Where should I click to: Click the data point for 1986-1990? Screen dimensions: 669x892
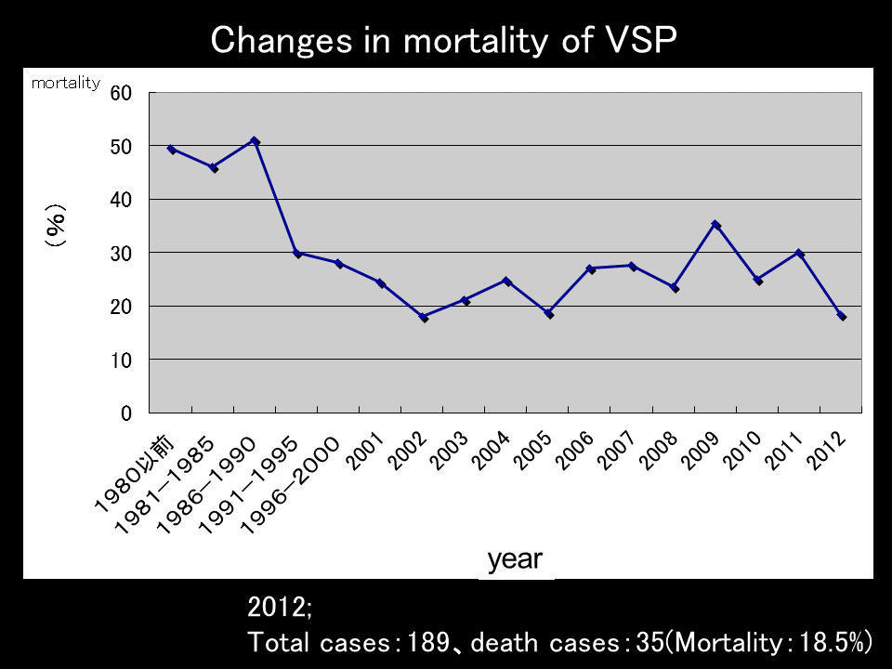click(x=256, y=141)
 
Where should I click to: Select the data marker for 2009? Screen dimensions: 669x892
click(x=715, y=225)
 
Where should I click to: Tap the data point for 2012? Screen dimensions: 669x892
click(x=841, y=316)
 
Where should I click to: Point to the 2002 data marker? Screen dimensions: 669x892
click(x=424, y=317)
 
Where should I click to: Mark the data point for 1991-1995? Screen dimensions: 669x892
click(x=297, y=253)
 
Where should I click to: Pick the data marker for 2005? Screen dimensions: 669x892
click(x=549, y=314)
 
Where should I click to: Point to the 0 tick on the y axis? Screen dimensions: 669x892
click(x=126, y=413)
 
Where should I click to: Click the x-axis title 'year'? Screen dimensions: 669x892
click(x=516, y=559)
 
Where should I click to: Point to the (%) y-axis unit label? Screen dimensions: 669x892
click(x=57, y=225)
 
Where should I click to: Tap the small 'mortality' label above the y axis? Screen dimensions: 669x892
click(x=65, y=83)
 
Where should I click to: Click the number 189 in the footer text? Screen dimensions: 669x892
click(x=414, y=642)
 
